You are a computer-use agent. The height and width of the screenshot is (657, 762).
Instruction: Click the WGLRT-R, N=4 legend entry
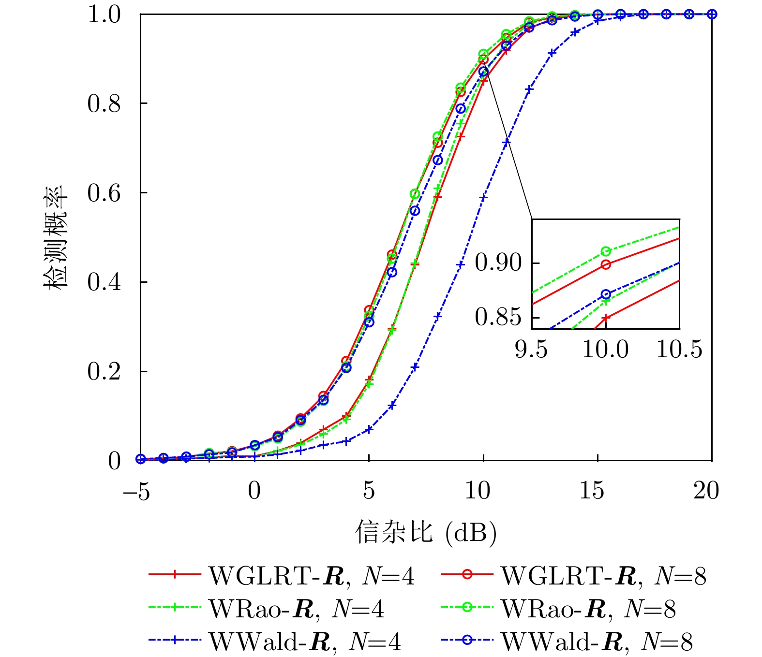[x=281, y=575]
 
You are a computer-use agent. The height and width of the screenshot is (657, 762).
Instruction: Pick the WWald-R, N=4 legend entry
[x=274, y=641]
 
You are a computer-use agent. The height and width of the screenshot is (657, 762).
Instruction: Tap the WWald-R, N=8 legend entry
[x=567, y=641]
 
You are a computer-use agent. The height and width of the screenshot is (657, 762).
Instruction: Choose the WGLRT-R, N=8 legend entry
[x=573, y=575]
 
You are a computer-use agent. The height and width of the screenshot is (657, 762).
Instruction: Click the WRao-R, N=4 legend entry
[x=266, y=608]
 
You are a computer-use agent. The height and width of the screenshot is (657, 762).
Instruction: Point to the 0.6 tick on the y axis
[x=104, y=193]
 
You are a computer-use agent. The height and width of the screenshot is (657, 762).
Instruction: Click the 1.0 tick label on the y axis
[x=104, y=15]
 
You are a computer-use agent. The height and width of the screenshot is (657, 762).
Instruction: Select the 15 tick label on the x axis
[x=592, y=491]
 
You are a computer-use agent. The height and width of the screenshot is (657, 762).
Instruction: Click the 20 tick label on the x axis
[x=706, y=491]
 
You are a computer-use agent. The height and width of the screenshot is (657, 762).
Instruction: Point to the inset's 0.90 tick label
[x=499, y=263]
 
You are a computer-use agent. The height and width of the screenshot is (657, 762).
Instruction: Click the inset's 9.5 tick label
[x=531, y=349]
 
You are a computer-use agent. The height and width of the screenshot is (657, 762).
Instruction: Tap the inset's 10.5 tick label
[x=679, y=349]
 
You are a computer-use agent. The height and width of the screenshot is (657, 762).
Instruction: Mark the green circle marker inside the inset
[x=606, y=251]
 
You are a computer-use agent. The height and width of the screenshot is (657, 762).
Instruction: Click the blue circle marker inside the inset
[x=606, y=294]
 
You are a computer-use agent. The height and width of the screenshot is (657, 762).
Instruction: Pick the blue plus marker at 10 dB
[x=483, y=197]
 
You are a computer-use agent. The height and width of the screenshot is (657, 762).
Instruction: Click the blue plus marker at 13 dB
[x=552, y=53]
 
